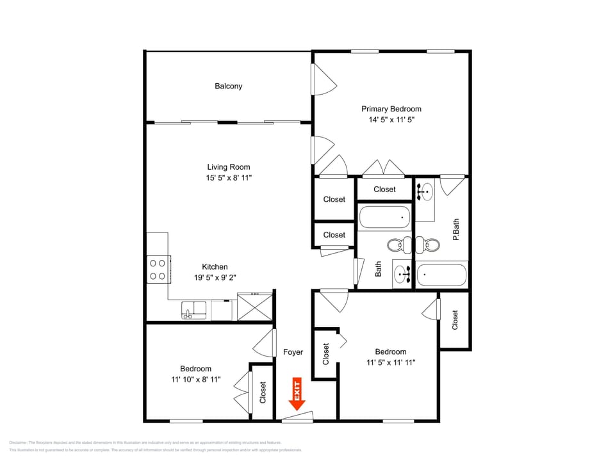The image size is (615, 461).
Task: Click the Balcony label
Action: (228, 86)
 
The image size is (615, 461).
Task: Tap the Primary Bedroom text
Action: (391, 109)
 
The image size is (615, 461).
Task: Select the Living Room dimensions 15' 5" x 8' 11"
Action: (228, 178)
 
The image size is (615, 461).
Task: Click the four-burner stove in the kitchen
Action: (157, 270)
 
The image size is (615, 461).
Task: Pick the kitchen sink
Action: (193, 311)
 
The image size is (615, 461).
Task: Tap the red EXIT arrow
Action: (297, 394)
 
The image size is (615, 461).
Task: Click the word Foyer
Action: (293, 352)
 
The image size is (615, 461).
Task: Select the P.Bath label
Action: (456, 230)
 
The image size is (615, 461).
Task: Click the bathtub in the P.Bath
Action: (441, 275)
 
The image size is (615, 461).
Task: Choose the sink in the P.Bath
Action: (424, 190)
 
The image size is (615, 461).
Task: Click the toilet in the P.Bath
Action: (430, 245)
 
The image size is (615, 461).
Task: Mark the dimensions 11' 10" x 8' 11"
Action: (195, 379)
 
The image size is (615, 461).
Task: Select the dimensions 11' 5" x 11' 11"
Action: (391, 362)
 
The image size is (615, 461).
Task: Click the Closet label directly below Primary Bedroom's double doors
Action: (384, 189)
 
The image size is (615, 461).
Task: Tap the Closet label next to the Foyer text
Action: (325, 353)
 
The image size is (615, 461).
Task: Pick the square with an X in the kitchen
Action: (254, 306)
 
